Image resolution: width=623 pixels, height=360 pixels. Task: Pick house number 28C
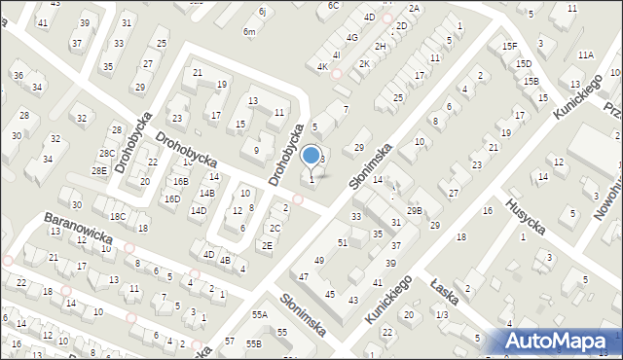click(106, 153)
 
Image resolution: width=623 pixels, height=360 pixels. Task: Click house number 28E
click(99, 170)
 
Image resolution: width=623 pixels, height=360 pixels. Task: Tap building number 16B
click(180, 181)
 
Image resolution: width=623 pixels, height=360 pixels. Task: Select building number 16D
click(171, 198)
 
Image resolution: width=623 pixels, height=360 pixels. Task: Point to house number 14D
click(198, 210)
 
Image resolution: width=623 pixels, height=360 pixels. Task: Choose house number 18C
click(118, 216)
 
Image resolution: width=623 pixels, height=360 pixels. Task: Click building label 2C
click(275, 229)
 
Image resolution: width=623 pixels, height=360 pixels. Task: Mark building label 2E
click(267, 245)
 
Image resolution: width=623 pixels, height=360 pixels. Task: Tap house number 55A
click(259, 315)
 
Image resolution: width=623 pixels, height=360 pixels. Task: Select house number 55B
click(254, 343)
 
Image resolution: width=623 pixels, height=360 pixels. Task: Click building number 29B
click(415, 211)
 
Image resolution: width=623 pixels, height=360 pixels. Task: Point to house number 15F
click(508, 46)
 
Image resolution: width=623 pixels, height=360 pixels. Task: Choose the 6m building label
click(249, 32)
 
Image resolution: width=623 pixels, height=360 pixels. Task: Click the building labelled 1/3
click(442, 314)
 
